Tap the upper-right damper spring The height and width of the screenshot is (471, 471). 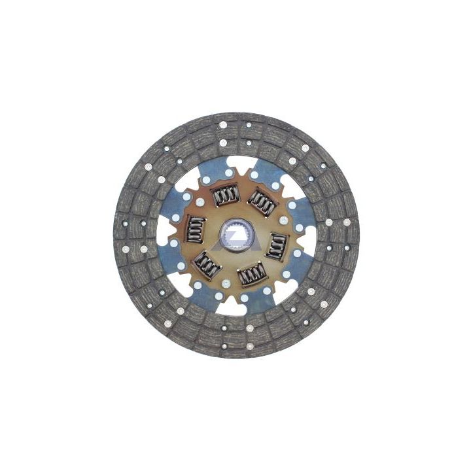click(262, 203)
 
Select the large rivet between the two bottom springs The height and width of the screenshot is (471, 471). click(226, 283)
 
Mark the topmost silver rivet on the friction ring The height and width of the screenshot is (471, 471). click(222, 124)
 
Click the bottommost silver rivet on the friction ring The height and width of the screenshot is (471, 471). click(249, 327)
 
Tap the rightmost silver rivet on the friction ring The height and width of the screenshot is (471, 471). click(347, 222)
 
